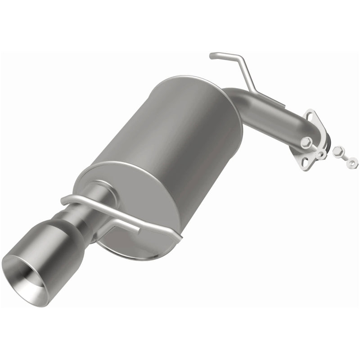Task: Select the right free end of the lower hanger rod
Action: [x=180, y=234]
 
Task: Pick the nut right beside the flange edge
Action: [x=320, y=153]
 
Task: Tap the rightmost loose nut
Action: [x=353, y=160]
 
